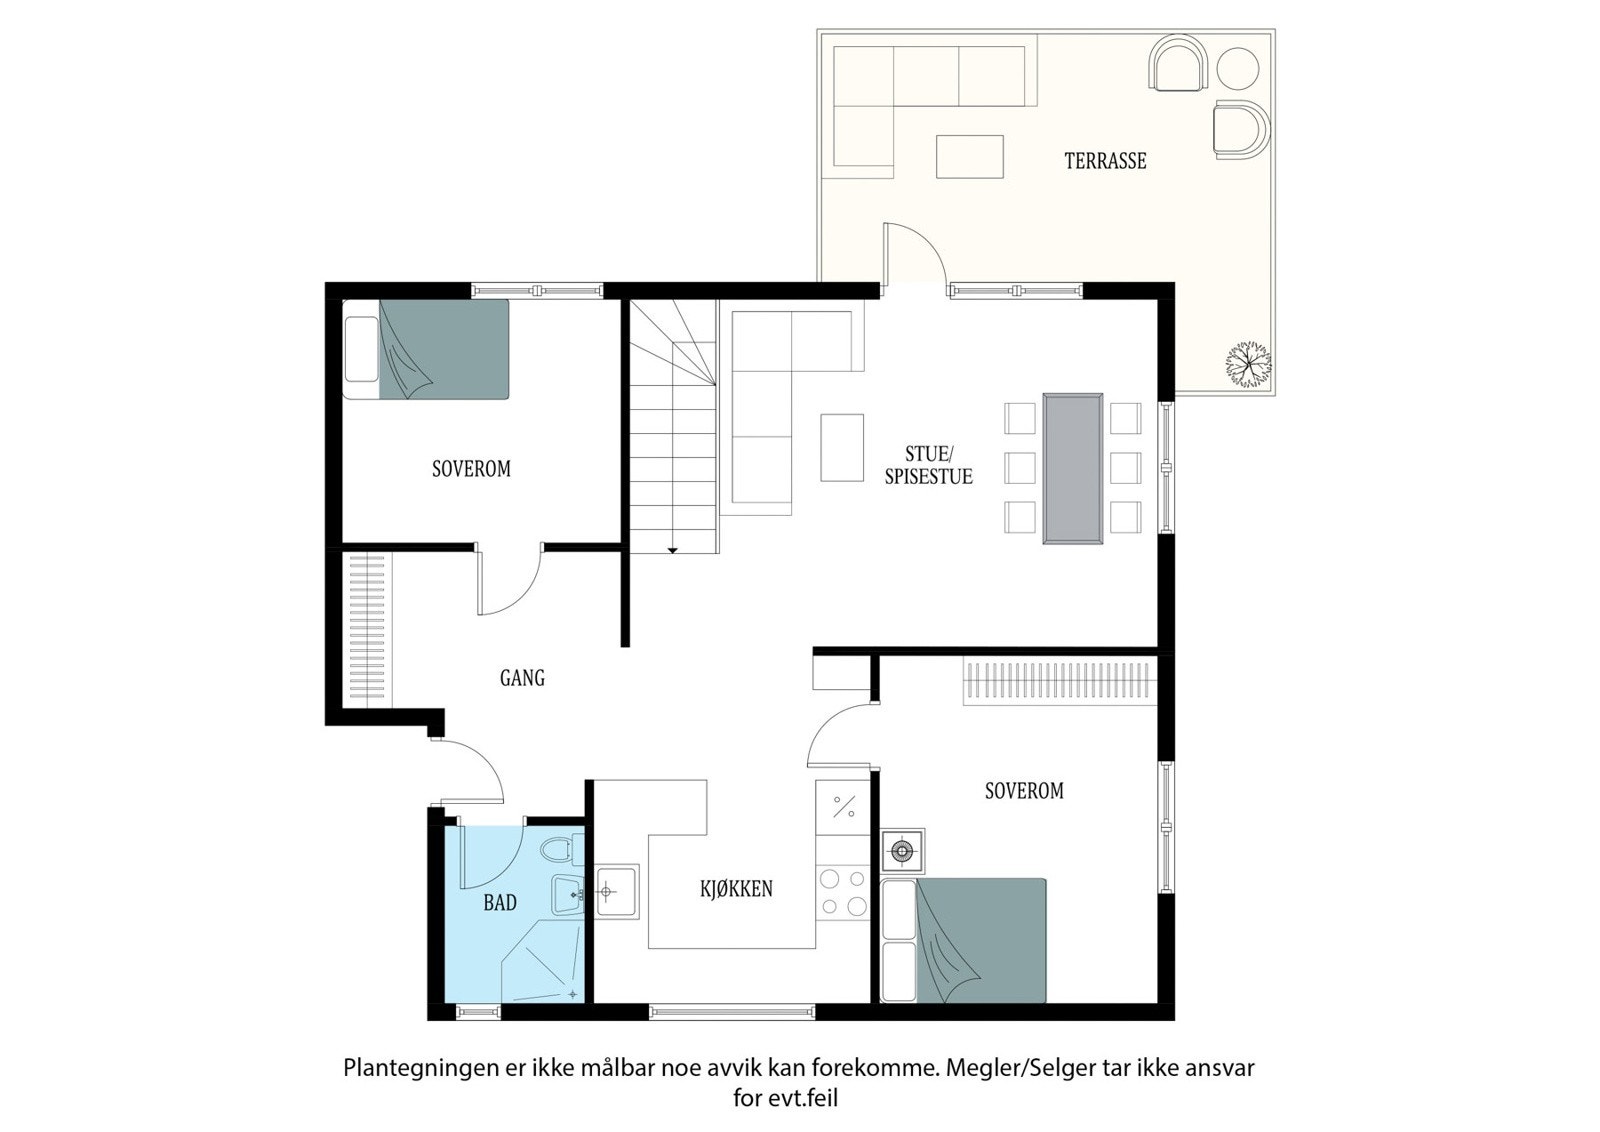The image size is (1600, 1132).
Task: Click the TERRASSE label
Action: tap(1105, 161)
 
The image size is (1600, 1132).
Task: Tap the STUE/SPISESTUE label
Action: tap(929, 465)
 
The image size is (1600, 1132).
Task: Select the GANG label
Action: tap(522, 677)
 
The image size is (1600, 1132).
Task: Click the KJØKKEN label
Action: tap(736, 888)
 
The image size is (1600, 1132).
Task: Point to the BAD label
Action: tap(500, 903)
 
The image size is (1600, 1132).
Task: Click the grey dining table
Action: tap(1073, 469)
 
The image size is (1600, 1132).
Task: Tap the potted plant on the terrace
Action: tap(1249, 364)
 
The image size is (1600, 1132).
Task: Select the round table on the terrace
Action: tap(1238, 68)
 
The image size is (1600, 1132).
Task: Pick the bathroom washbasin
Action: tap(569, 895)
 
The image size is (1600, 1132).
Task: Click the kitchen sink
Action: tap(616, 891)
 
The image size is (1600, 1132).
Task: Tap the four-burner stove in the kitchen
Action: tap(843, 893)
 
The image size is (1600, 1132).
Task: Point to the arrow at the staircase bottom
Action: tap(672, 550)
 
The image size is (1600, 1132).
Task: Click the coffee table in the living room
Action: tap(842, 447)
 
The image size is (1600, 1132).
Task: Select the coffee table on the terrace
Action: tap(969, 156)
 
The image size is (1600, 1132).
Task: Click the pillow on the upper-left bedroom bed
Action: tap(361, 349)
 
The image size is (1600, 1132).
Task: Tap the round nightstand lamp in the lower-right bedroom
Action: tap(902, 851)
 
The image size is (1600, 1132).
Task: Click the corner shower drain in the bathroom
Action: tap(572, 993)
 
